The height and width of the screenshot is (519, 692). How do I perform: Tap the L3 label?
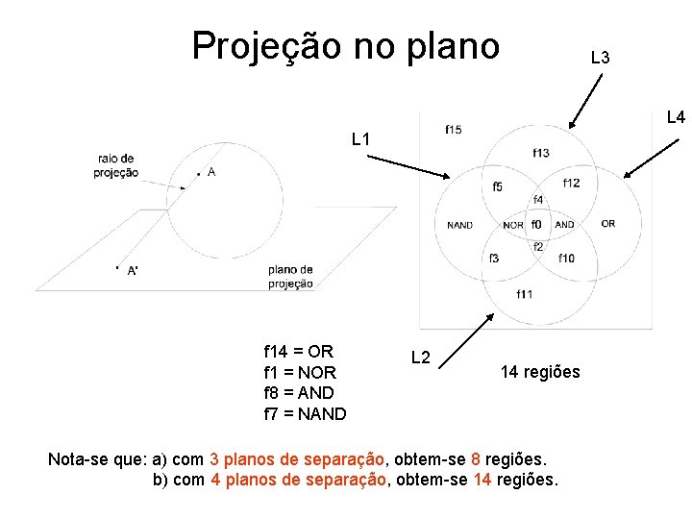(x=601, y=59)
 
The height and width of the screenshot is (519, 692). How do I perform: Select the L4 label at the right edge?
(x=676, y=118)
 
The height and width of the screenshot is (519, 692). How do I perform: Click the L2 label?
(x=420, y=358)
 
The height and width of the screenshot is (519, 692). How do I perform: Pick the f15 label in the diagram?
(x=453, y=130)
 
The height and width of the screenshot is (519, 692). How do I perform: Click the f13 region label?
(x=541, y=153)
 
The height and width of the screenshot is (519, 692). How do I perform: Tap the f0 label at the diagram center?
(x=536, y=225)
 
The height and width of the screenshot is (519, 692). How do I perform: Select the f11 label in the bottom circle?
(x=525, y=293)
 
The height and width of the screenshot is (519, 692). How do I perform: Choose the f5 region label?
(x=497, y=186)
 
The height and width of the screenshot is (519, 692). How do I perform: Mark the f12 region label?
(x=571, y=183)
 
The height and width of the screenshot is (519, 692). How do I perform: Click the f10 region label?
(x=566, y=258)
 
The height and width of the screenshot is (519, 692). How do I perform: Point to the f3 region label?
(x=494, y=258)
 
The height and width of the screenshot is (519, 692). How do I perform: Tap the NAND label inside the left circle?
(x=459, y=226)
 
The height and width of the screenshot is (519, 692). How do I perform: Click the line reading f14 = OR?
(x=298, y=351)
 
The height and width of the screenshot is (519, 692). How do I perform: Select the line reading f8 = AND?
(x=299, y=393)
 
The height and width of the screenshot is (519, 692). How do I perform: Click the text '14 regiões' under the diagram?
(x=540, y=372)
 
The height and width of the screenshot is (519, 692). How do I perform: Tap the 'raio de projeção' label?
(x=115, y=165)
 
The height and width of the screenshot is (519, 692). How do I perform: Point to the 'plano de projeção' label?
(x=290, y=276)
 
